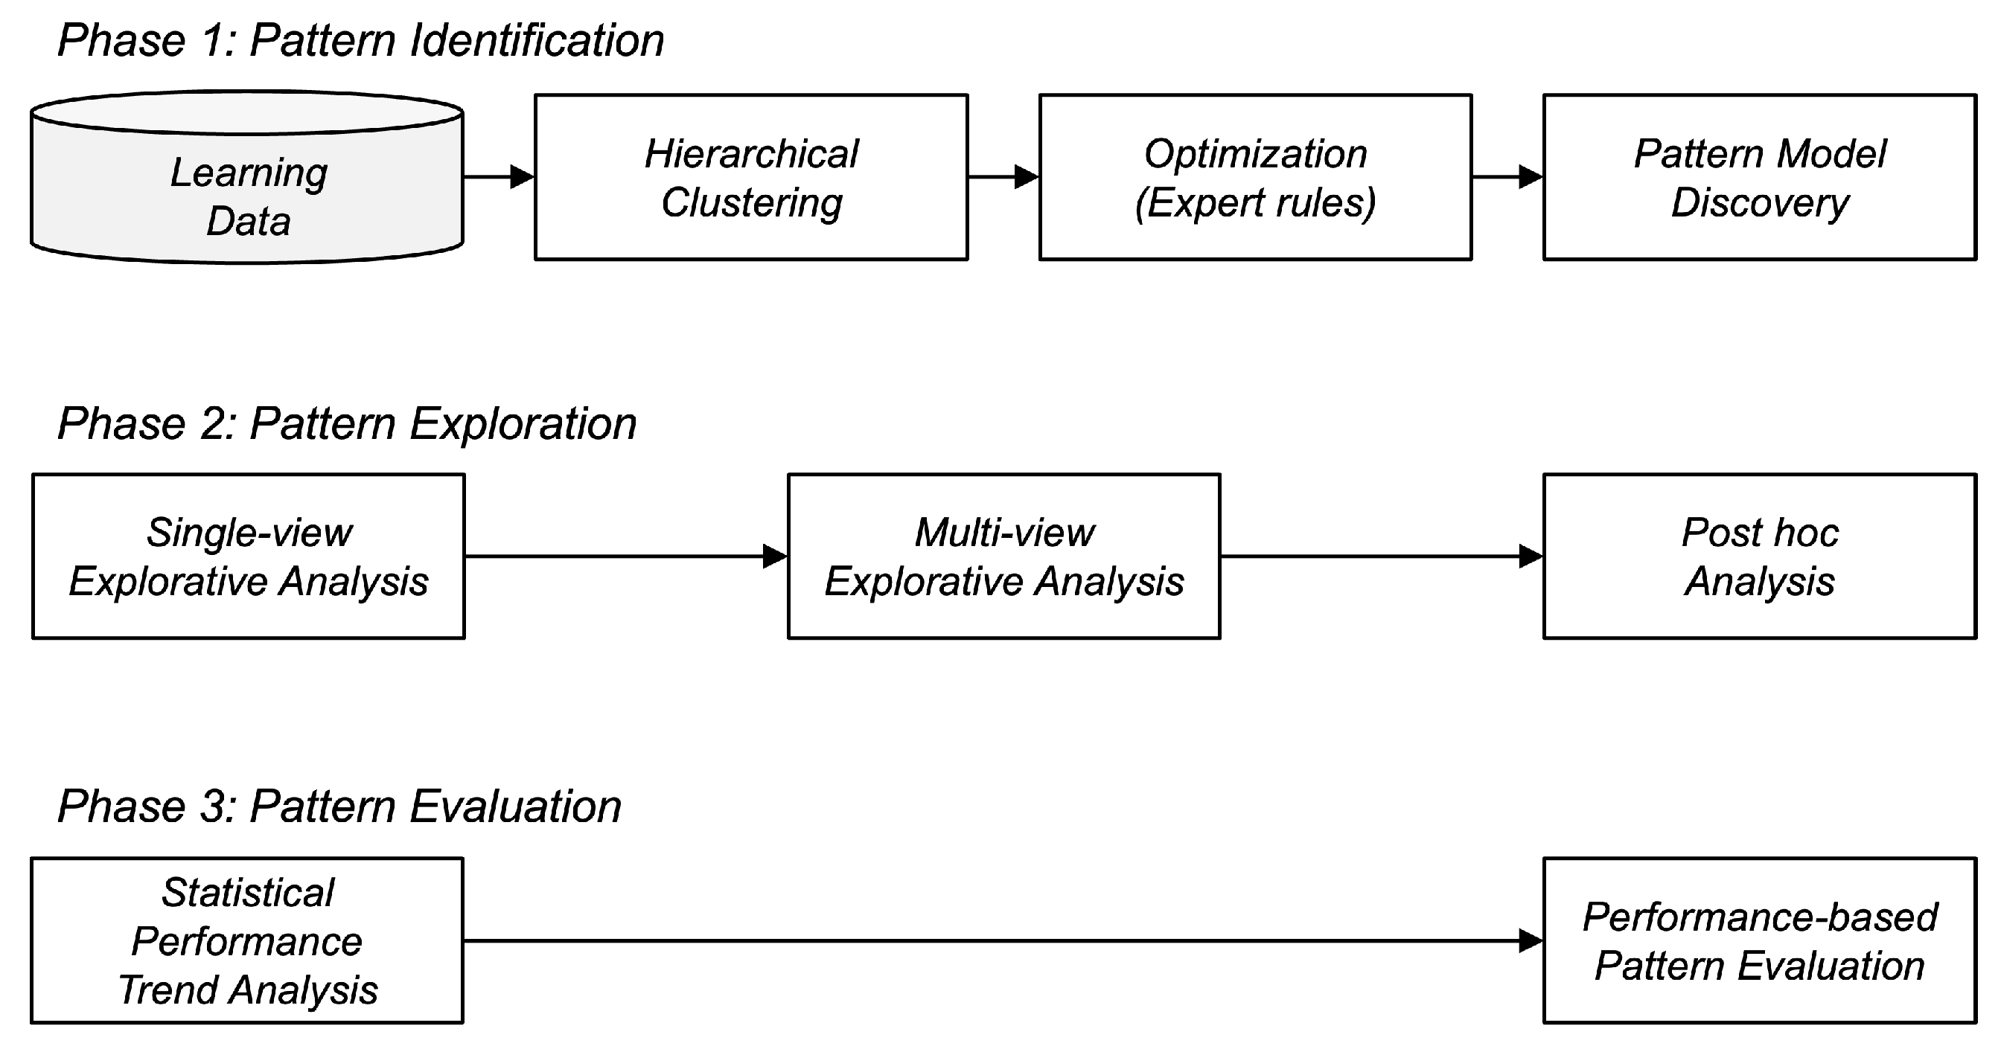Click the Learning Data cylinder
[247, 186]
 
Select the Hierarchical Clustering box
[751, 177]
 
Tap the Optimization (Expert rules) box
[1255, 177]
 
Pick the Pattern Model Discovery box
[1759, 177]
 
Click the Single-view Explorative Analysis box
[249, 556]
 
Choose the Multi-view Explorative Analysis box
[1003, 556]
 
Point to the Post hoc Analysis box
[1759, 556]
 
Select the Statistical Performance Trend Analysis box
[247, 940]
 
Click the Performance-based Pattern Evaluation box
[1759, 940]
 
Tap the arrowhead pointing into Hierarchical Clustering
[522, 177]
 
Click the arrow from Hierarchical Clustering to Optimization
[1003, 177]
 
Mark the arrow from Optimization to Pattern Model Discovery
[1507, 177]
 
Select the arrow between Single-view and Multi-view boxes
[626, 556]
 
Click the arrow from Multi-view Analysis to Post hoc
[1381, 556]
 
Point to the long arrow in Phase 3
[1002, 940]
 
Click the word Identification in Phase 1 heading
[537, 40]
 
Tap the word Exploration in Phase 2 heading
[523, 424]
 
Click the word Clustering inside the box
[751, 202]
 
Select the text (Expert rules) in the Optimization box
[1255, 202]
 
